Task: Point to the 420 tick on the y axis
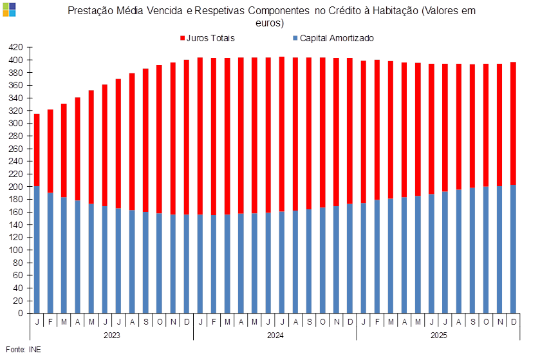click(16, 47)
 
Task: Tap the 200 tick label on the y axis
click(16, 187)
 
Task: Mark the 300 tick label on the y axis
click(16, 124)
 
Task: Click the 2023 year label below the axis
click(111, 336)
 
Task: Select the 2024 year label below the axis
click(275, 336)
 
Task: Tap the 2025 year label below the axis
click(439, 336)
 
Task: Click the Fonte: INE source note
click(23, 349)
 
